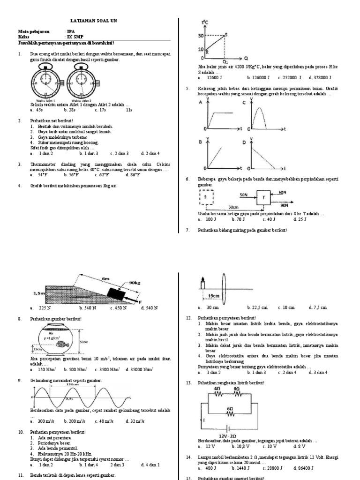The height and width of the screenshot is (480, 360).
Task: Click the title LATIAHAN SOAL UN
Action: point(90,21)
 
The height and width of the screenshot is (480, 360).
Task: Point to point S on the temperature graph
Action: point(226,34)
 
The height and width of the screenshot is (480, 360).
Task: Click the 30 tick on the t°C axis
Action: point(201,35)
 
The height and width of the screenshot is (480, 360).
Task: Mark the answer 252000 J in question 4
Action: point(289,78)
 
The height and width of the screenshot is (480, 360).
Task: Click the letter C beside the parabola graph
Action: point(244,102)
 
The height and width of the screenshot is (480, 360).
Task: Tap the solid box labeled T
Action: point(263,198)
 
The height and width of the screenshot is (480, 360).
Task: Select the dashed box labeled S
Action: point(207,198)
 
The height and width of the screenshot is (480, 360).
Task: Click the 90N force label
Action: point(284,205)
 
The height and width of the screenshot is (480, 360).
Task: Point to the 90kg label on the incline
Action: point(135,283)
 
